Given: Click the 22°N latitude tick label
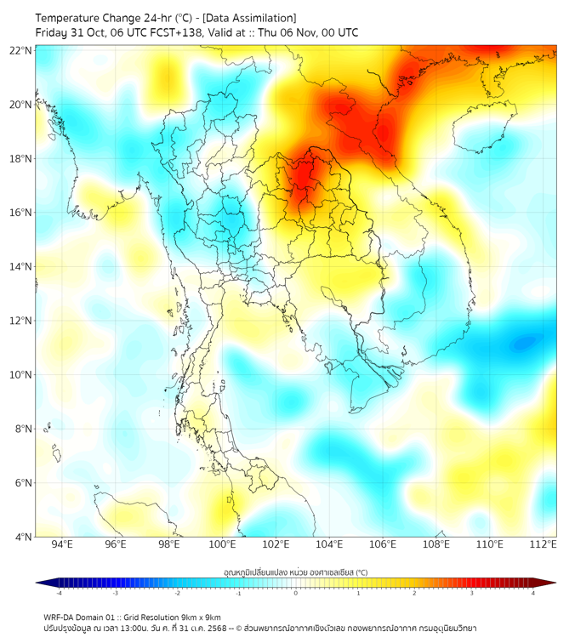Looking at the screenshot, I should [x=21, y=50].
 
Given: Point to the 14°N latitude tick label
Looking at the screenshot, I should [x=21, y=266].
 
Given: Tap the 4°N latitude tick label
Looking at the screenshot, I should [x=24, y=537].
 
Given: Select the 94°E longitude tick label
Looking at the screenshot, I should [x=62, y=544].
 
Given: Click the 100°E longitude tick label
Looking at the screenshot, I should [x=223, y=544].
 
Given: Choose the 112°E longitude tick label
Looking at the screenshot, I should [x=544, y=544].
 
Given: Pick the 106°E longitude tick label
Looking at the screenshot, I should [x=384, y=544].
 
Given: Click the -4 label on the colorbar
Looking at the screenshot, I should [x=58, y=593].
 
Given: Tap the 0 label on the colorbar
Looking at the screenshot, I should [x=296, y=593].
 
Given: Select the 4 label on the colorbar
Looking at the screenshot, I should [x=533, y=593].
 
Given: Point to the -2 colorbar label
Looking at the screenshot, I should [x=176, y=593].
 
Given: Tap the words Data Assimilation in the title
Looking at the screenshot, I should [x=251, y=17].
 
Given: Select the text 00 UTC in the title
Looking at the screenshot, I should [x=338, y=32].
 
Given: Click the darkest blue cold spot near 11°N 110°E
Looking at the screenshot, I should [x=524, y=343].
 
